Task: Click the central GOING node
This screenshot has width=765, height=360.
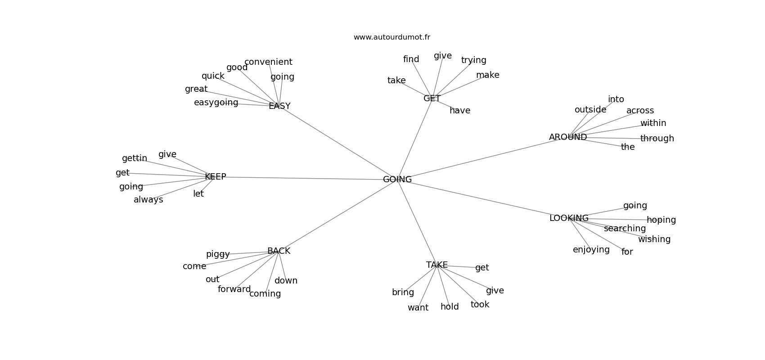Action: (x=397, y=179)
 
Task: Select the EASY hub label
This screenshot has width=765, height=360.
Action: (x=279, y=106)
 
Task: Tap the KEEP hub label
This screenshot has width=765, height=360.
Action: (x=215, y=176)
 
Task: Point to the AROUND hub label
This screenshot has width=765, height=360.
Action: (x=568, y=137)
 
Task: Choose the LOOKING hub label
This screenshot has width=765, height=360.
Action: (x=569, y=218)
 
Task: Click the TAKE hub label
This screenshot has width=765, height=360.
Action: (x=437, y=265)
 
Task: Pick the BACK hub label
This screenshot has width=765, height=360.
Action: (x=279, y=251)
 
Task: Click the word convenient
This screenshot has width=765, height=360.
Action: (x=269, y=62)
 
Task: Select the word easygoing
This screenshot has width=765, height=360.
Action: (x=216, y=103)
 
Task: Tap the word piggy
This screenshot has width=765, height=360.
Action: (x=218, y=254)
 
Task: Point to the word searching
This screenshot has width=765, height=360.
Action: (x=625, y=229)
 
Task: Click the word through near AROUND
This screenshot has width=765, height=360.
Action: (x=657, y=138)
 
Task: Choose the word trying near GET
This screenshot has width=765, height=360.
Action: (x=474, y=60)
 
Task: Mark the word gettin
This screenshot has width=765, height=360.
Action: (x=135, y=158)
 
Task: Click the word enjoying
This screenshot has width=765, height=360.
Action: (x=591, y=250)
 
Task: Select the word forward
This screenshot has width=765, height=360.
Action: (x=234, y=289)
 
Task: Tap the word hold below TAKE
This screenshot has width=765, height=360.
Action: (x=450, y=307)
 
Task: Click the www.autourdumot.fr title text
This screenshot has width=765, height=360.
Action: (x=391, y=37)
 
